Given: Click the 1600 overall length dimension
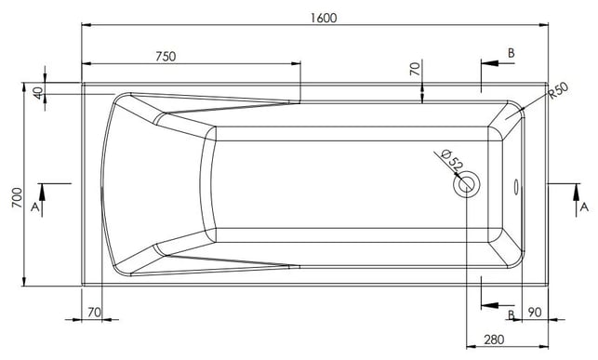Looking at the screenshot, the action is tap(324, 18).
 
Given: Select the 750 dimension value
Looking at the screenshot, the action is tap(166, 57).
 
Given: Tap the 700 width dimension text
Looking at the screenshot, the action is tap(17, 197).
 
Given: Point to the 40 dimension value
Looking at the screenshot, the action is tap(38, 93).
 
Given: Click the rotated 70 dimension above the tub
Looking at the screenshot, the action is tap(415, 69).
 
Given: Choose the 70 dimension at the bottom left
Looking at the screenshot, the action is tap(94, 313).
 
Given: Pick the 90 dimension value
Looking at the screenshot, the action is tap(535, 313).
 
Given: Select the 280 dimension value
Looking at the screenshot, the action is tap(494, 339).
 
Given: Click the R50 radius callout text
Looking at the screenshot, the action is tap(559, 91).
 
